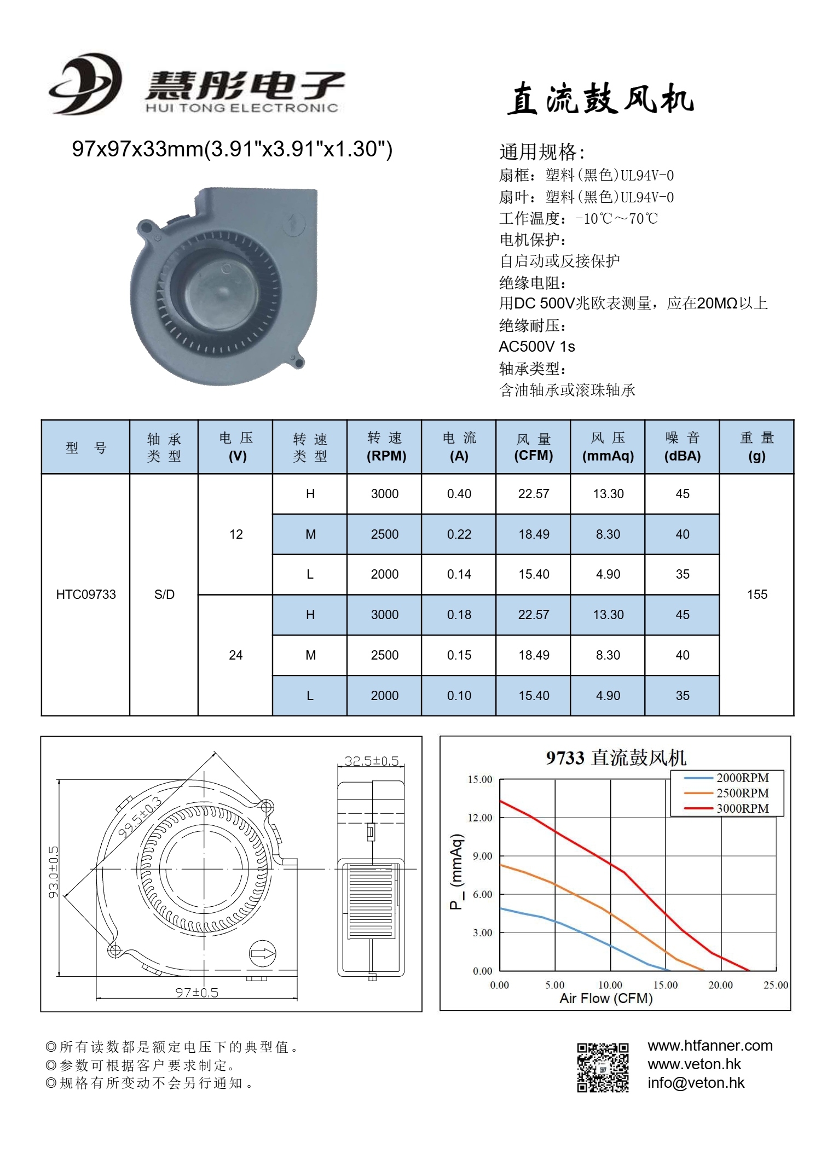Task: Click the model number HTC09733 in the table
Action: point(86,594)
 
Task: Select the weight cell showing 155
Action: point(757,594)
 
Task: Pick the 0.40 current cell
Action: point(459,494)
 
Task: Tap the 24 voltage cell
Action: point(236,655)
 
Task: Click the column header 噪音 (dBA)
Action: point(682,447)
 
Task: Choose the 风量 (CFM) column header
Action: point(533,447)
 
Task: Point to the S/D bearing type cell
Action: point(164,594)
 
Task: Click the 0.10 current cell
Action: point(459,696)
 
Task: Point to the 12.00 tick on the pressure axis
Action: point(480,818)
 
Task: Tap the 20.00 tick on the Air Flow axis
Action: point(720,985)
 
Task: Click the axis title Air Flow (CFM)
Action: point(606,999)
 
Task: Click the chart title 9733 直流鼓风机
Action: point(616,758)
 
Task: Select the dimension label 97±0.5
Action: point(196,992)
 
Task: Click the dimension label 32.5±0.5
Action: point(372,761)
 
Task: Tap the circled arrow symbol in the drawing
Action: point(263,954)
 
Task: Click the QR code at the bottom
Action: point(603,1067)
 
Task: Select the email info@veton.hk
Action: point(696,1083)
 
